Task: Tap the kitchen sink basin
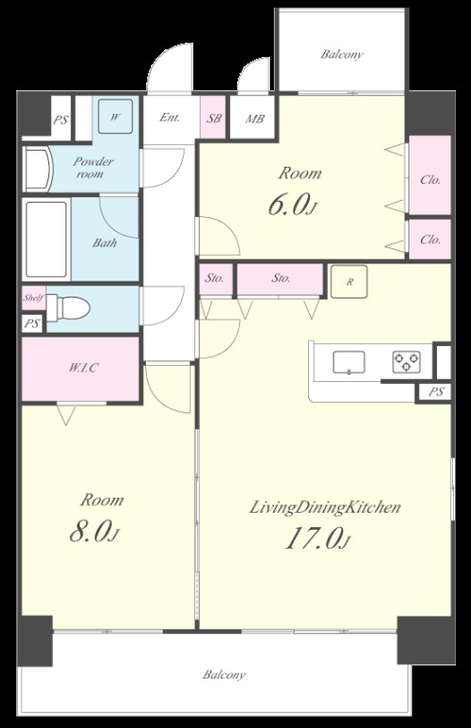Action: click(x=349, y=362)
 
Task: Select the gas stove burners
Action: click(x=407, y=362)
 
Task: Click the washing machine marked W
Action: click(x=116, y=117)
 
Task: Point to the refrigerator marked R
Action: click(x=349, y=282)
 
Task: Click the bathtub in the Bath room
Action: click(x=46, y=239)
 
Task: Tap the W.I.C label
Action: click(x=83, y=368)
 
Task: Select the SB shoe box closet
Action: click(x=213, y=118)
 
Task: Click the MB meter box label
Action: click(x=255, y=118)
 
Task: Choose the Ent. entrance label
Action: click(x=170, y=118)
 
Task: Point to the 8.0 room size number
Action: click(x=94, y=532)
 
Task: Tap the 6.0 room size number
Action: click(x=292, y=205)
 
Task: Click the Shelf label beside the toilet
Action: click(x=33, y=298)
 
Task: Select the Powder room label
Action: click(x=92, y=168)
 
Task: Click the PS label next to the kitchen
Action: click(x=436, y=391)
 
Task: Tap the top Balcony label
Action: click(x=342, y=54)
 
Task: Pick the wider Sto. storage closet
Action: click(x=280, y=279)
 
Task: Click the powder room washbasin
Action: click(x=37, y=169)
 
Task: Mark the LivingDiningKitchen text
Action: click(x=325, y=507)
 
